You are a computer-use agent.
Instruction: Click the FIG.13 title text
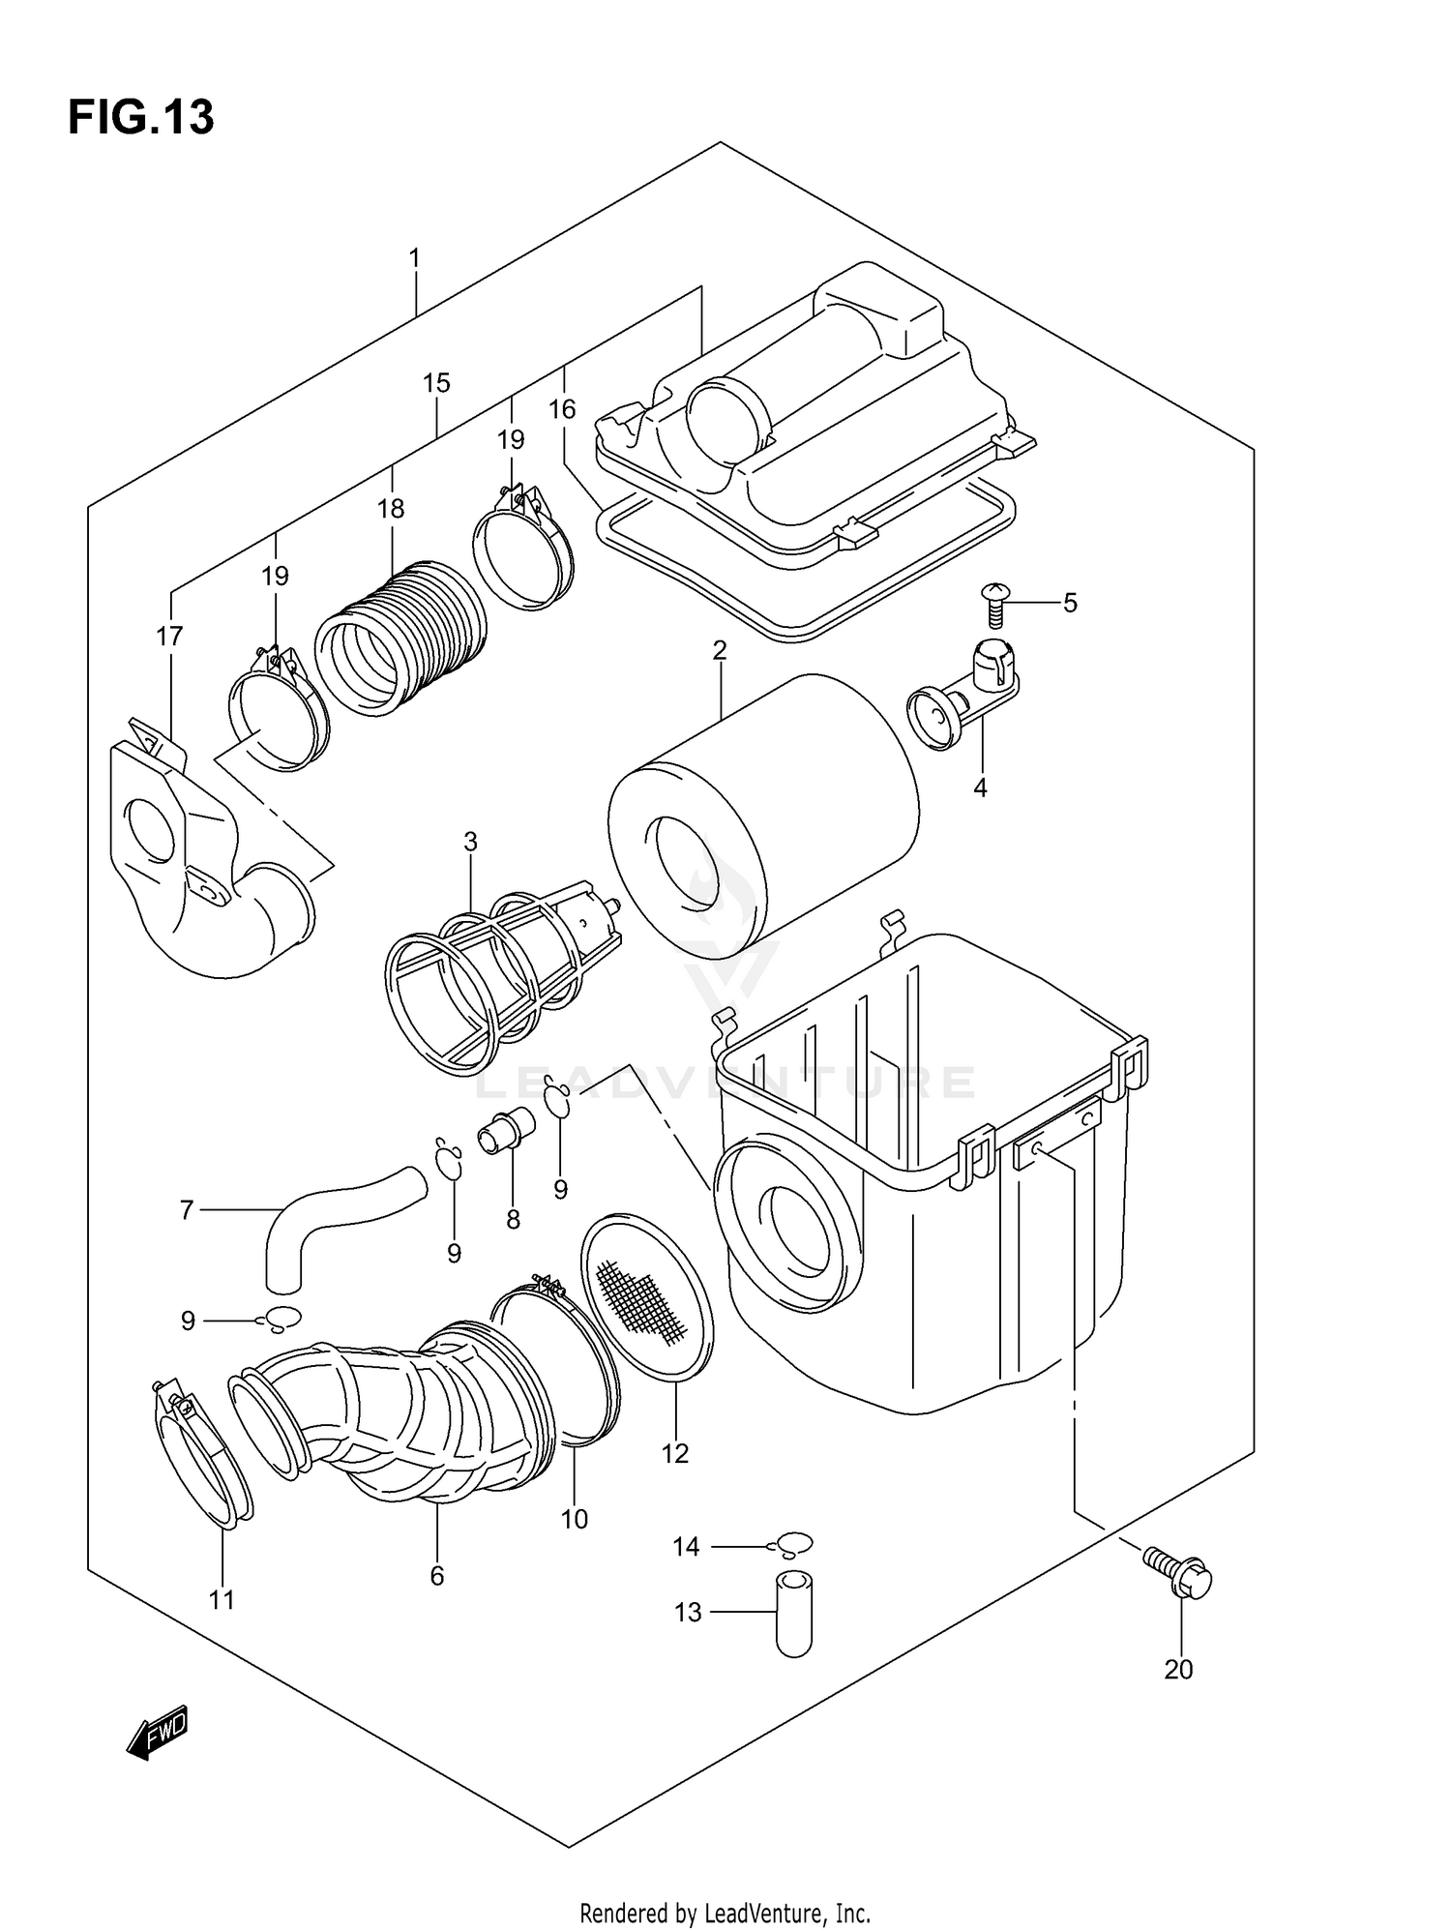pyautogui.click(x=141, y=118)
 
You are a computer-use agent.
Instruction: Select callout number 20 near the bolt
pyautogui.click(x=1178, y=1669)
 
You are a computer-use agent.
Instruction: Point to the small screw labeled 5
pyautogui.click(x=995, y=605)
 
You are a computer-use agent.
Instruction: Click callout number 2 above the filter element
pyautogui.click(x=720, y=651)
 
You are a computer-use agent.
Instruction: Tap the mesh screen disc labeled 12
pyautogui.click(x=646, y=1294)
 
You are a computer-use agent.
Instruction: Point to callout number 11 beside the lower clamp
pyautogui.click(x=222, y=1600)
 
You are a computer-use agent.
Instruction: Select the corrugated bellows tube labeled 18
pyautogui.click(x=401, y=639)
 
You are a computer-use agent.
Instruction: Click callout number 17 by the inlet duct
pyautogui.click(x=169, y=637)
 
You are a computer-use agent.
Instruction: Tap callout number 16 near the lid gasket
pyautogui.click(x=562, y=410)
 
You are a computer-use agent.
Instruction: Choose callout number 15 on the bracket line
pyautogui.click(x=436, y=383)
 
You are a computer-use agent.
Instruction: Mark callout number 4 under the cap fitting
pyautogui.click(x=980, y=788)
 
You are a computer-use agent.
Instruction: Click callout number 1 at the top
pyautogui.click(x=415, y=258)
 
